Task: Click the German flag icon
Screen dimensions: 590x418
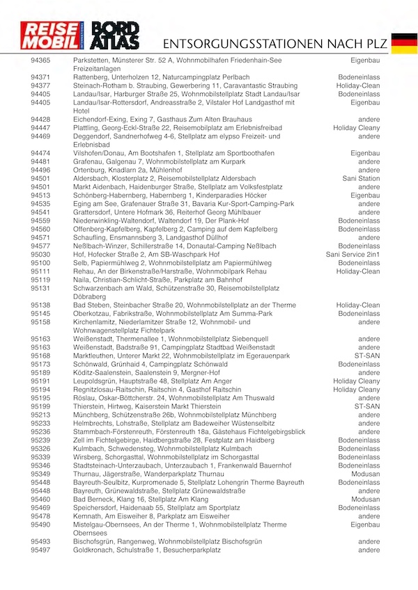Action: coord(404,42)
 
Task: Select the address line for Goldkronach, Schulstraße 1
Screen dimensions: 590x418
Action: coord(146,550)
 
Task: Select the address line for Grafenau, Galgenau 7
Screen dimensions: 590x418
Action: coord(154,161)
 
